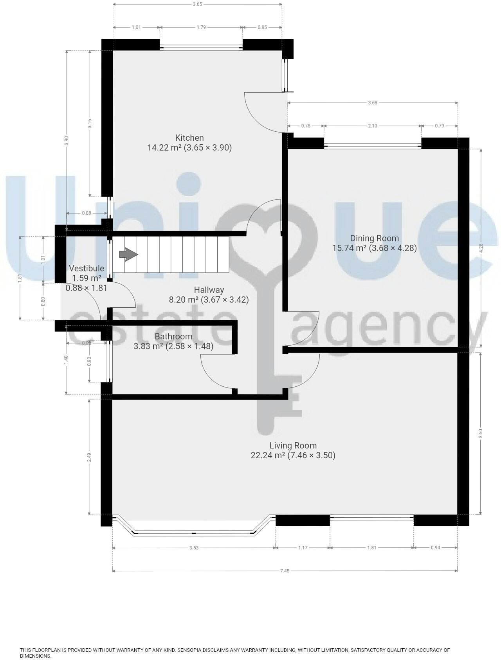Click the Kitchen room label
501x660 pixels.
pyautogui.click(x=189, y=138)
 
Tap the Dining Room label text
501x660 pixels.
pyautogui.click(x=374, y=238)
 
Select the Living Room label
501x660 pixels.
pyautogui.click(x=293, y=445)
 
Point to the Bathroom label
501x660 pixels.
pyautogui.click(x=173, y=336)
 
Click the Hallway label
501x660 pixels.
pyautogui.click(x=209, y=290)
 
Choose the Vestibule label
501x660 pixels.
pyautogui.click(x=87, y=268)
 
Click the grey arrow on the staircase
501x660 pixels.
pyautogui.click(x=128, y=255)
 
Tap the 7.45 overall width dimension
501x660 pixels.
pyautogui.click(x=285, y=571)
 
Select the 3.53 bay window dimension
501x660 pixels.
pyautogui.click(x=194, y=548)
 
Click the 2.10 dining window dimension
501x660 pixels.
pyautogui.click(x=373, y=126)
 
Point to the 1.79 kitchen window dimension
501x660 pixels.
pyautogui.click(x=201, y=27)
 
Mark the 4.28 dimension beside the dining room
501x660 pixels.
pyautogui.click(x=481, y=248)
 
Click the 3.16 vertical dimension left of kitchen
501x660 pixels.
pyautogui.click(x=90, y=124)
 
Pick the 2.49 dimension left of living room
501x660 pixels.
pyautogui.click(x=89, y=457)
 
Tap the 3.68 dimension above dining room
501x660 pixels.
pyautogui.click(x=373, y=103)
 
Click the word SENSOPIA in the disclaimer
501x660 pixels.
pyautogui.click(x=190, y=650)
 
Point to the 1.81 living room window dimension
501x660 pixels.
pyautogui.click(x=372, y=548)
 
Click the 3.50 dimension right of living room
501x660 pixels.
pyautogui.click(x=481, y=434)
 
